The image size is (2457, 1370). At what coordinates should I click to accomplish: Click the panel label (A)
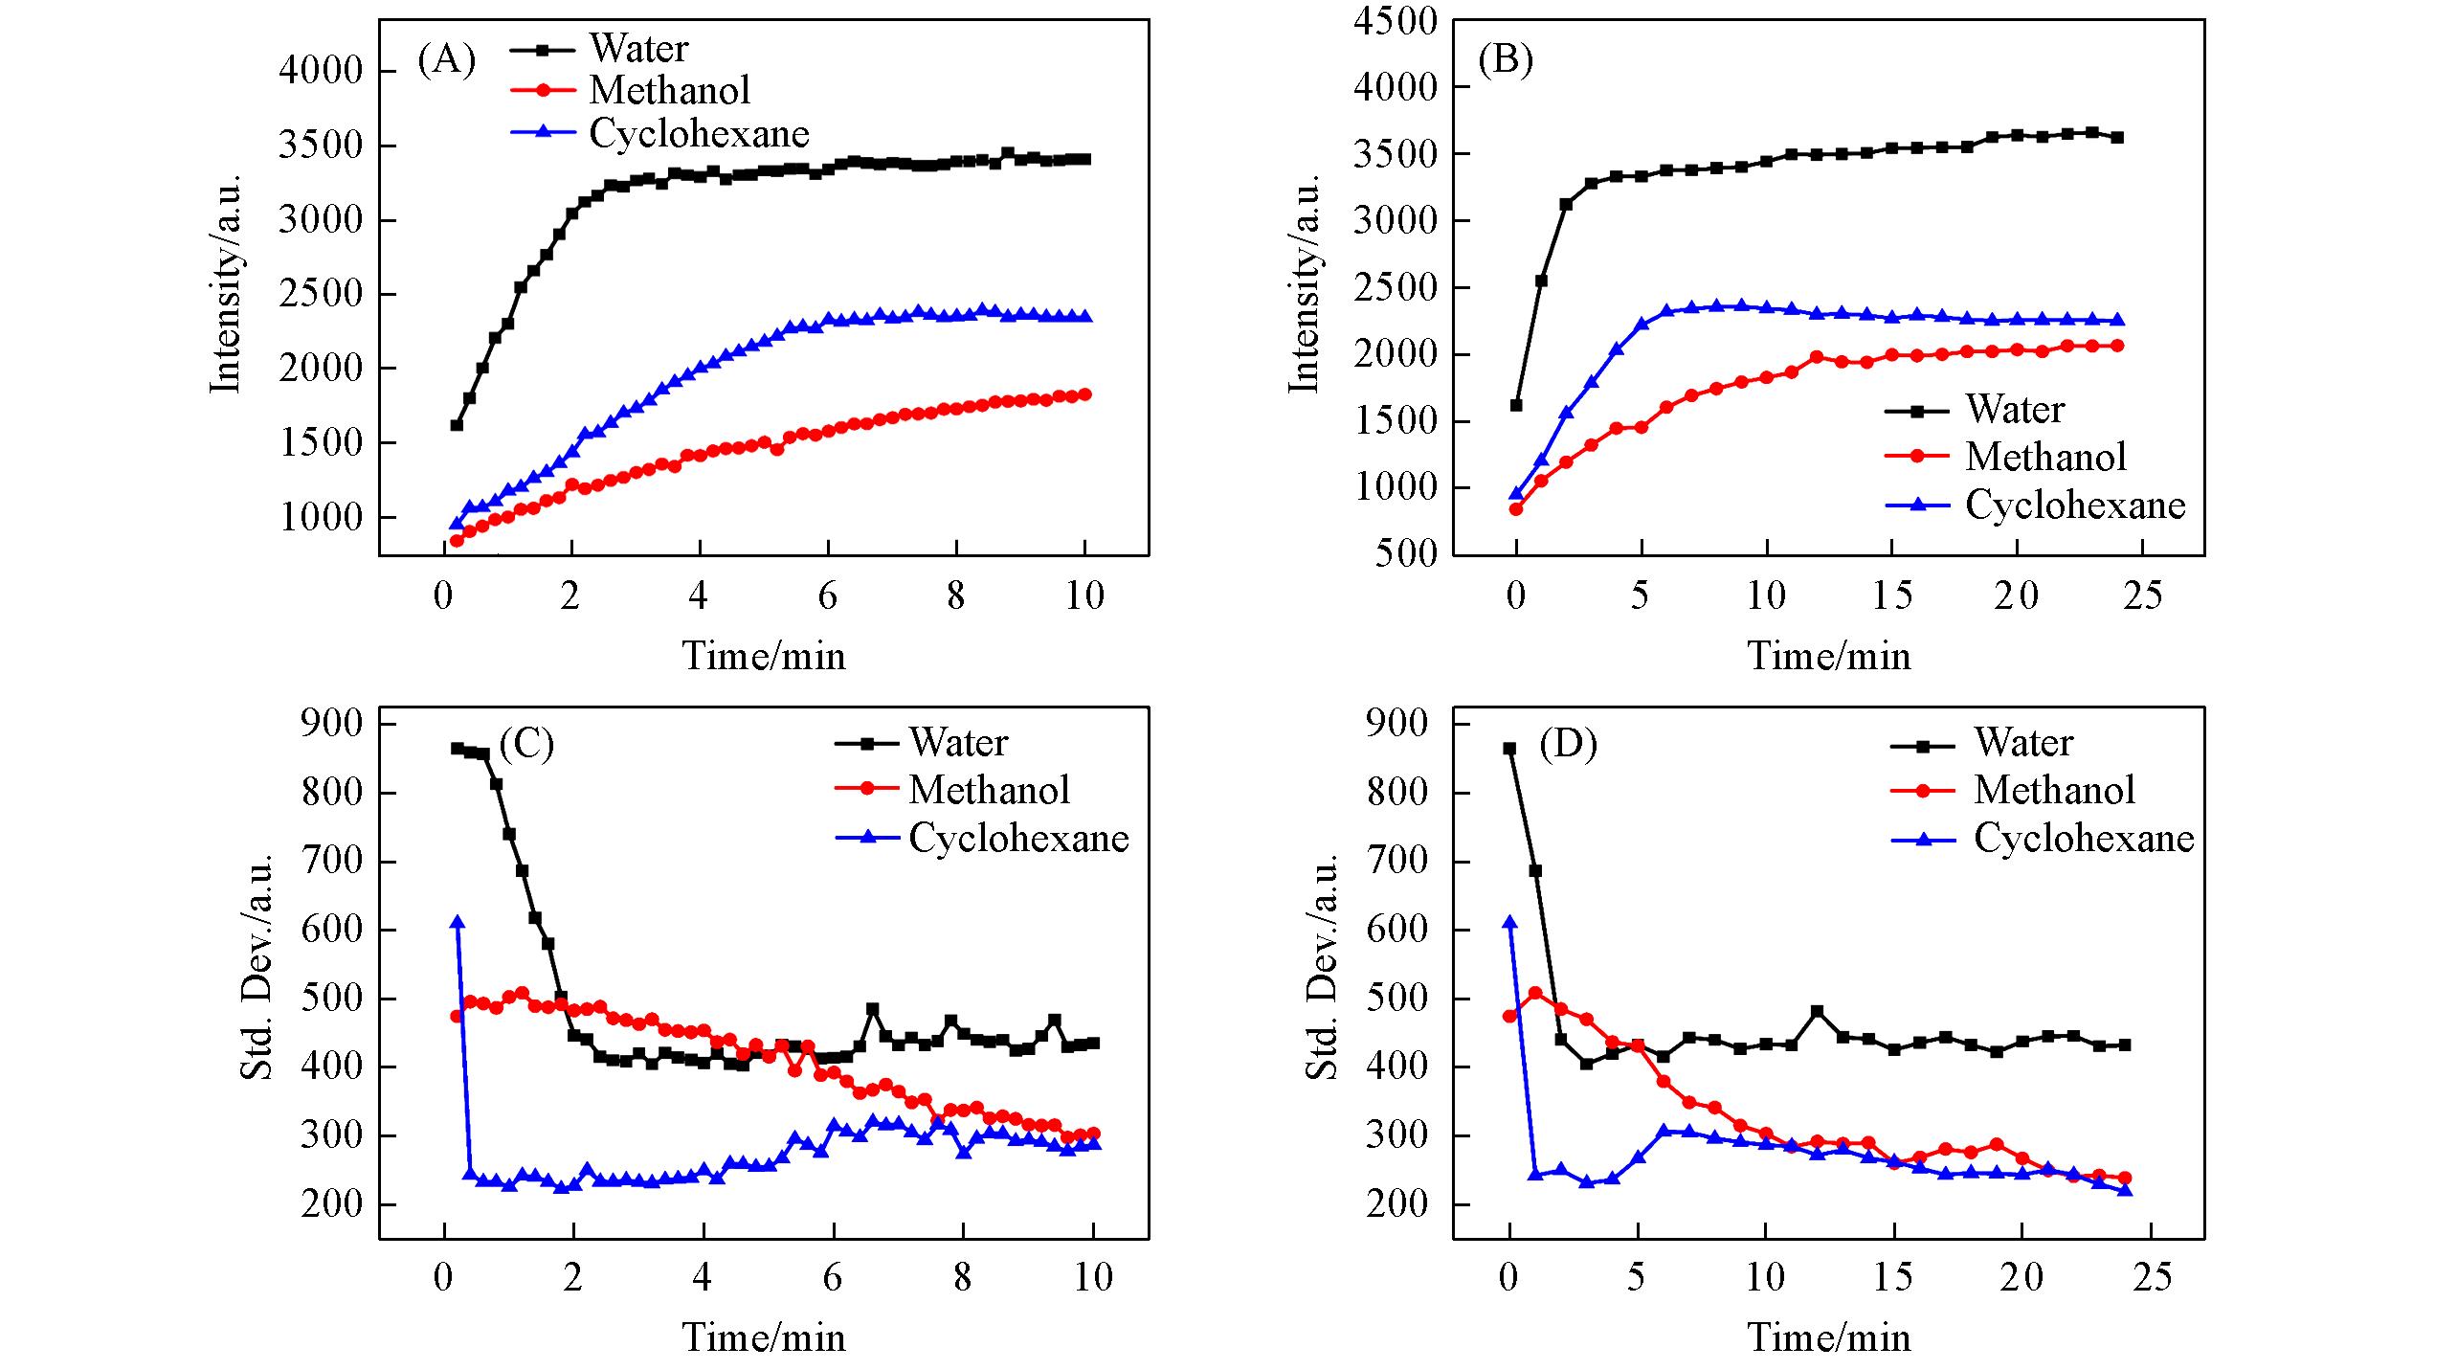pos(446,61)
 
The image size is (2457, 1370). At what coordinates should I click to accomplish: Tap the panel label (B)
pos(1506,61)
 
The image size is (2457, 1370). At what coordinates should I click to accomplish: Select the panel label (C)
pos(526,744)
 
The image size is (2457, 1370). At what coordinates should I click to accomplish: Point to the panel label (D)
pos(1568,744)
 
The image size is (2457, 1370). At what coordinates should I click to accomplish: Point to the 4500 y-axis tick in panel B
pos(1395,21)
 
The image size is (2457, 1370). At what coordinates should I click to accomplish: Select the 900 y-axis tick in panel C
pos(330,724)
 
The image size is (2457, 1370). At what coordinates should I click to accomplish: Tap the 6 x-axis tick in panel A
pos(828,596)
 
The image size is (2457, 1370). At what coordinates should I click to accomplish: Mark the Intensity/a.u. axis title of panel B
pos(1304,284)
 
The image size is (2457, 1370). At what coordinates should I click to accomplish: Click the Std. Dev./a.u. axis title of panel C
pos(256,967)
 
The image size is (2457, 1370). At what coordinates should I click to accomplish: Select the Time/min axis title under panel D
pos(1829,1337)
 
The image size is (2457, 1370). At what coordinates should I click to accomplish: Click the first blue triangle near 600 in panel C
pos(458,922)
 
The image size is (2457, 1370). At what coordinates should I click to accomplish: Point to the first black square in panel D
pos(1509,749)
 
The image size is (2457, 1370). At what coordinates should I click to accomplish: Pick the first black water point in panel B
pos(1516,405)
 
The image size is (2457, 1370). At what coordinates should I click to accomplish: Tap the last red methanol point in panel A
pos(1085,394)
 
